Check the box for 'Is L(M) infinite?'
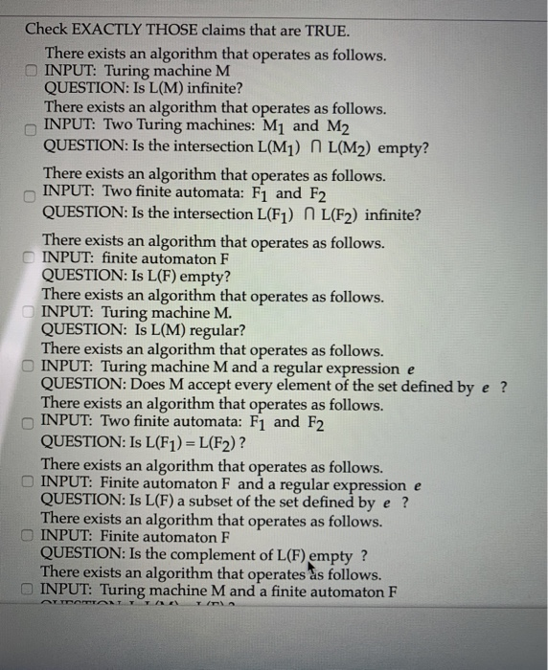32,71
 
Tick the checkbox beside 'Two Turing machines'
32,128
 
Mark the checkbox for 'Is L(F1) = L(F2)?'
32,423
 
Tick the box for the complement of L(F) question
32,537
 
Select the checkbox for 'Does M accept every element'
32,368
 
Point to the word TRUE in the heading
324,29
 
